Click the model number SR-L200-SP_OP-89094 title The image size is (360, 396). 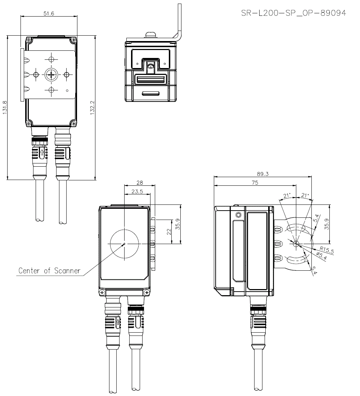pos(293,13)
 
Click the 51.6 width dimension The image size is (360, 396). pos(49,13)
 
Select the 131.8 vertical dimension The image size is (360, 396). pos(5,107)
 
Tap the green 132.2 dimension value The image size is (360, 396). pos(92,107)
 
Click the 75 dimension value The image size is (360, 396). pos(255,183)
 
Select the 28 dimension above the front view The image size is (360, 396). pos(140,183)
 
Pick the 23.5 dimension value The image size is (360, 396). pos(137,192)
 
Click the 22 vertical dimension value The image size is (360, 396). pos(168,231)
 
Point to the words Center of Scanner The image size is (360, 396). pos(49,270)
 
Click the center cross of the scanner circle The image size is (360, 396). pos(124,244)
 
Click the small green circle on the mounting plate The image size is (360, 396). pos(67,90)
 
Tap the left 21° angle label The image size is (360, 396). pos(287,196)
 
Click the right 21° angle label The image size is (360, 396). pos(305,195)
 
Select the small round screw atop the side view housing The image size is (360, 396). pos(238,215)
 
